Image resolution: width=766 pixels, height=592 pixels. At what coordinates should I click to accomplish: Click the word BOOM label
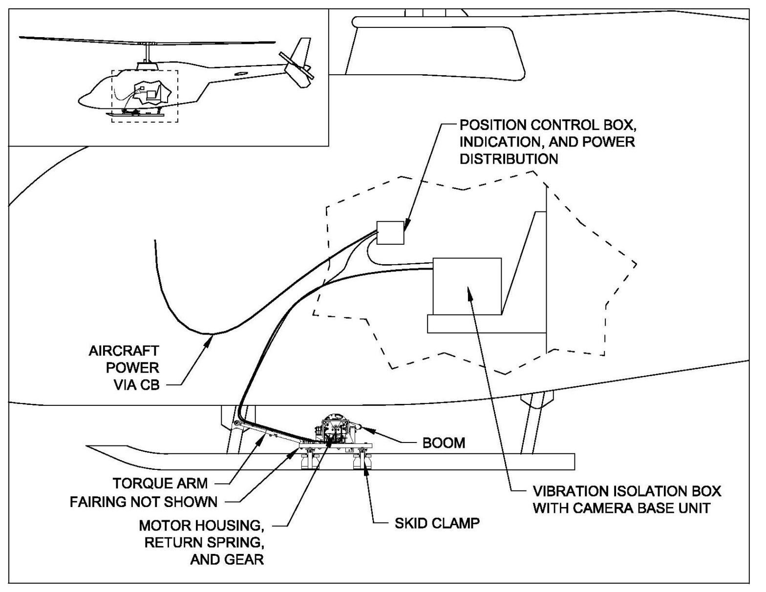(443, 443)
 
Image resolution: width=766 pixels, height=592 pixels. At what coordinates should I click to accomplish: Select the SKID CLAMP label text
(437, 523)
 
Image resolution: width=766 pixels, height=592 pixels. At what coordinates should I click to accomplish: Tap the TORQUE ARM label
(160, 483)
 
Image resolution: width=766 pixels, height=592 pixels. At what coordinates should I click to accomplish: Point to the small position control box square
(390, 233)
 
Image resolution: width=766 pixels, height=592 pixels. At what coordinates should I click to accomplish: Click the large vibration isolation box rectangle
(467, 286)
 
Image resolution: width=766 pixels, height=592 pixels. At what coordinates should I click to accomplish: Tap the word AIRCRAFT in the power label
(124, 351)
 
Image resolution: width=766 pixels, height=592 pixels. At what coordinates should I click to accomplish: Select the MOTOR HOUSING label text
(201, 526)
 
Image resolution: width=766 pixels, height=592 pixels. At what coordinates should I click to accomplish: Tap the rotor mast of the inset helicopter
(147, 54)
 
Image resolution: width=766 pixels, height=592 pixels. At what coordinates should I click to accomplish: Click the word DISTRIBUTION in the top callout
(509, 159)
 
